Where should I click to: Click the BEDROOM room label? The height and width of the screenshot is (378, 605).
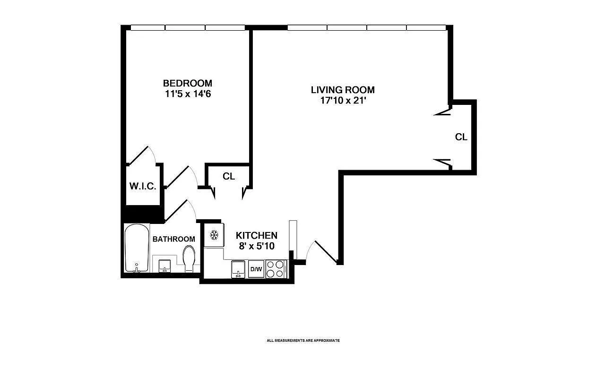[188, 83]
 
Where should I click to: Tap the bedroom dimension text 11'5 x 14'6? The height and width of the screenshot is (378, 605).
[188, 94]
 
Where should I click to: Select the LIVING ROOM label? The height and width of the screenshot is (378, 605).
[343, 90]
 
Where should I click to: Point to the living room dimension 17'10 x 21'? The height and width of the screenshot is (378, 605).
[343, 100]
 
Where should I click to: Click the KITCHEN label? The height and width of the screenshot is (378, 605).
[257, 235]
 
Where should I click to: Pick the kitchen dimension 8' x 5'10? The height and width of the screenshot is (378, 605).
[257, 246]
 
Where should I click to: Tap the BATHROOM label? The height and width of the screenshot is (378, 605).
[173, 239]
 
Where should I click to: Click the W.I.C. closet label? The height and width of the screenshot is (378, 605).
[143, 186]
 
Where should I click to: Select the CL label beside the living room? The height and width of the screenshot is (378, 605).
[461, 137]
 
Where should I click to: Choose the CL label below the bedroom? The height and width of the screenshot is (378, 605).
[229, 176]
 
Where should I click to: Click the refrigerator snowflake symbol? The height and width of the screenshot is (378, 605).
[214, 235]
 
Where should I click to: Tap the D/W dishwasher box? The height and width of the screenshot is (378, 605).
[256, 269]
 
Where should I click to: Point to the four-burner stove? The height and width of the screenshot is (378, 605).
[276, 269]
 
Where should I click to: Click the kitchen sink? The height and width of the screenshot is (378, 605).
[238, 269]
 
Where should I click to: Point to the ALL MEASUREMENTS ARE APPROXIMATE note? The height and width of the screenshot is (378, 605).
[303, 340]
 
